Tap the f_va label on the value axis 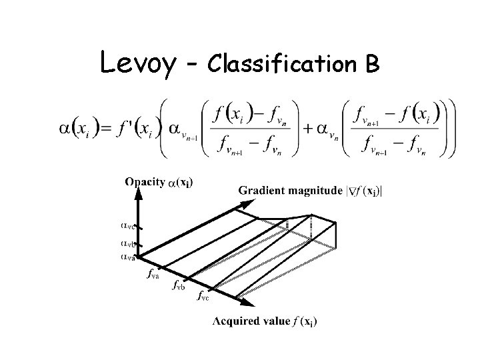[x=152, y=273]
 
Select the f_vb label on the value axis [x=178, y=286]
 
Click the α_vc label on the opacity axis [x=128, y=227]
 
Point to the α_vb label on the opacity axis [x=128, y=244]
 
